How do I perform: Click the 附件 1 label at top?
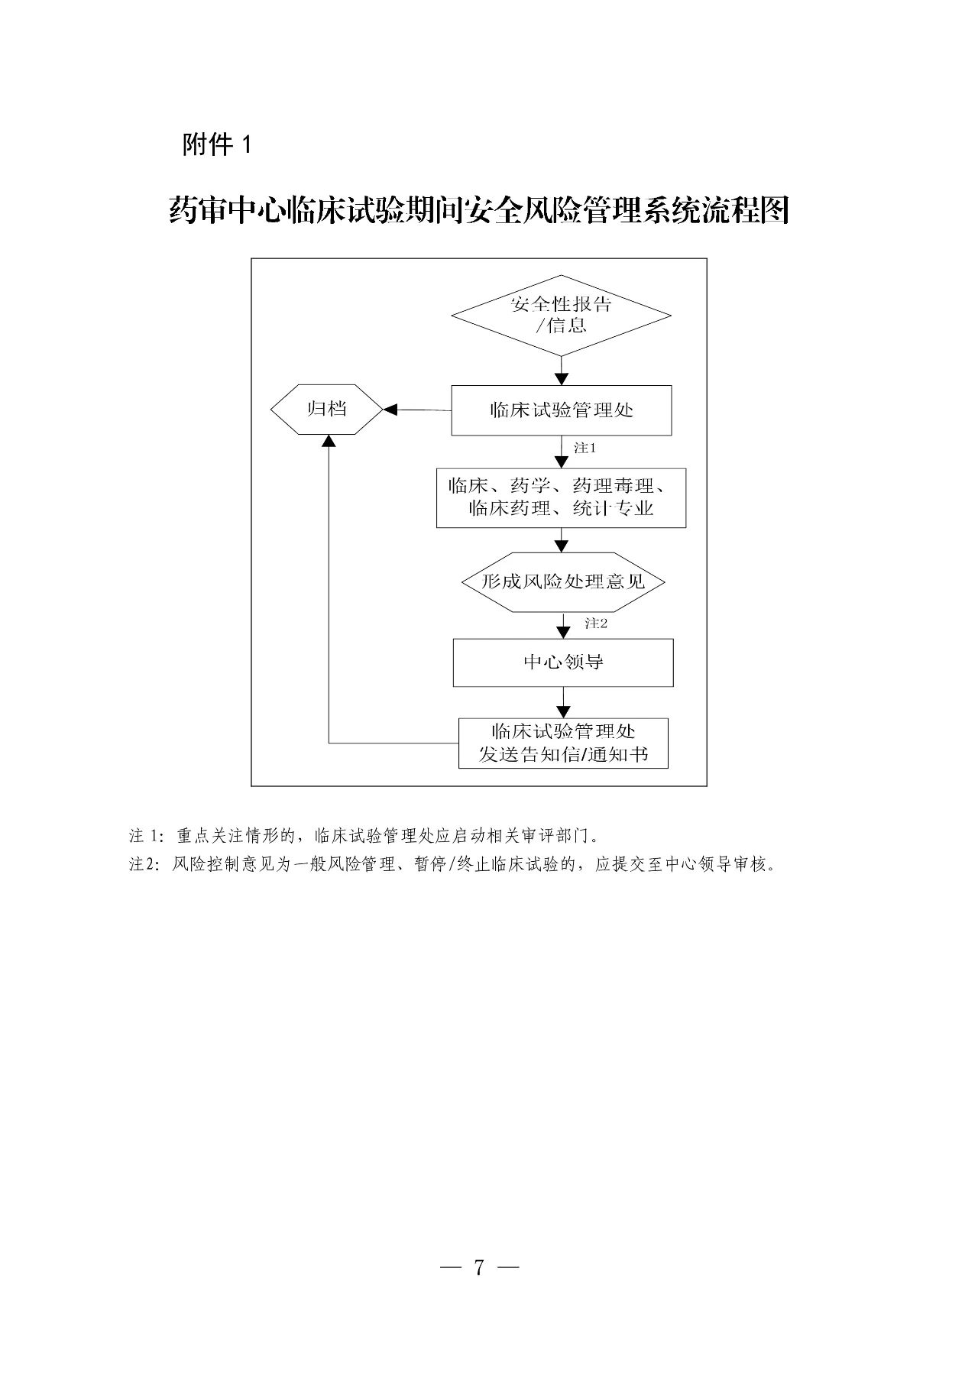pos(216,144)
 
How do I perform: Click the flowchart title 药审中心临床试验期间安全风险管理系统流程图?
pos(478,211)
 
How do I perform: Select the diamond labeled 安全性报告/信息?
pos(561,315)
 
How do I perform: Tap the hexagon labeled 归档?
pos(326,410)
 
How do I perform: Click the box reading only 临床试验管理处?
pos(561,410)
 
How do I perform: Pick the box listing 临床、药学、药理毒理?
pos(561,497)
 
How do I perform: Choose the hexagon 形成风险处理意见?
pos(563,582)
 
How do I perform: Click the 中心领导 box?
pos(563,662)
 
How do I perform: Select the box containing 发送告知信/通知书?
pos(563,743)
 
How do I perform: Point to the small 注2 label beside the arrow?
pos(596,623)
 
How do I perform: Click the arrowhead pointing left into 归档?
pos(390,410)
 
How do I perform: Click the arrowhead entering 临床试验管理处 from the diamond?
pos(562,379)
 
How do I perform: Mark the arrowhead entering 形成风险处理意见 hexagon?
pos(562,546)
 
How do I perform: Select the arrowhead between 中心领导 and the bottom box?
pos(563,711)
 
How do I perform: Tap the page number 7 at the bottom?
pos(479,1267)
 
